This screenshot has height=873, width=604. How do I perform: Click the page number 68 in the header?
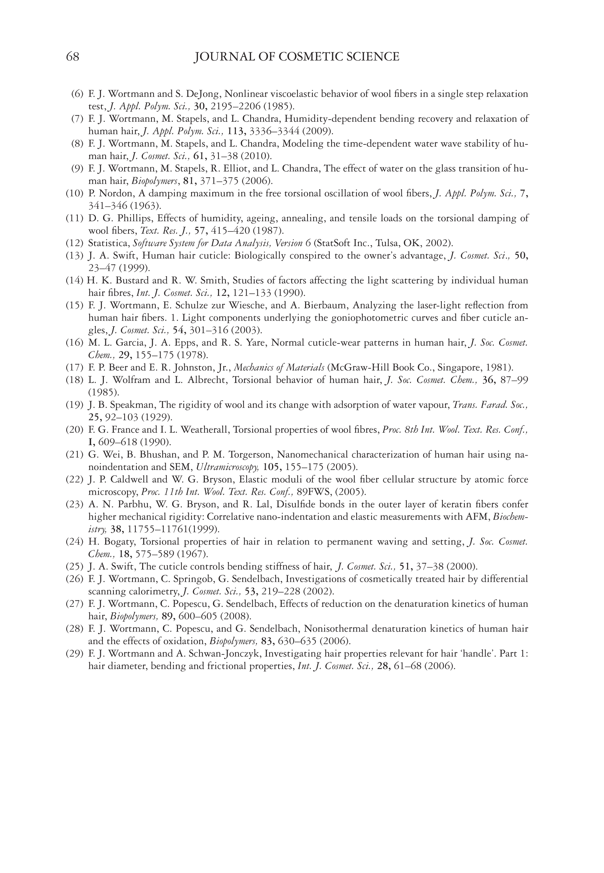(x=73, y=57)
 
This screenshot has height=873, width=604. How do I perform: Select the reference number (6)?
(x=77, y=94)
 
